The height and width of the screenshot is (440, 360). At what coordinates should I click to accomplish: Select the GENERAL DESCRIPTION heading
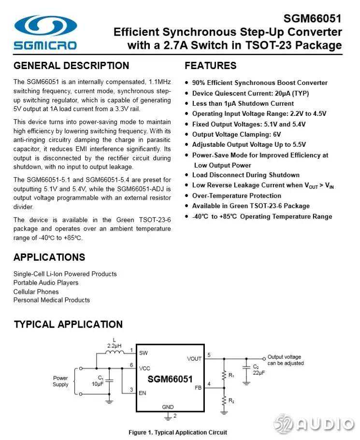click(x=72, y=66)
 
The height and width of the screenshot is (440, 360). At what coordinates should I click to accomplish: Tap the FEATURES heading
click(x=211, y=66)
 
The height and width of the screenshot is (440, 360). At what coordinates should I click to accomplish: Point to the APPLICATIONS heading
click(x=49, y=257)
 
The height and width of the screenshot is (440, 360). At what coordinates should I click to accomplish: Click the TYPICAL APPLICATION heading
click(x=68, y=324)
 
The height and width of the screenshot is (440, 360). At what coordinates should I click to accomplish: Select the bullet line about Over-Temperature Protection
click(x=236, y=196)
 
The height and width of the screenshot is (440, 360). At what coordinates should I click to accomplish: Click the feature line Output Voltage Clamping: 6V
click(x=236, y=134)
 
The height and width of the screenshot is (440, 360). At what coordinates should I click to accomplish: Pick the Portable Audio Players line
click(x=46, y=283)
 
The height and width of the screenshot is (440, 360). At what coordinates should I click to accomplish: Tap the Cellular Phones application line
click(x=36, y=291)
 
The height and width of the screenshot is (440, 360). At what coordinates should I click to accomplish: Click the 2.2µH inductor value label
click(x=114, y=345)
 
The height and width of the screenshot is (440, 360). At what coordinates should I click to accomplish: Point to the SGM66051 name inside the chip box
click(x=170, y=379)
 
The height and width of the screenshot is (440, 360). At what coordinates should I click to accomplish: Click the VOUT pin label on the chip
click(x=194, y=358)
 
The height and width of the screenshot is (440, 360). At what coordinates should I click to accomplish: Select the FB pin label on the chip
click(x=198, y=387)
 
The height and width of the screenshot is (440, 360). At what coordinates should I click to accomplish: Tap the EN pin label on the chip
click(x=142, y=393)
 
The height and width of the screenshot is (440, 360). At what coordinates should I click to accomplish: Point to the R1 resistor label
click(x=231, y=375)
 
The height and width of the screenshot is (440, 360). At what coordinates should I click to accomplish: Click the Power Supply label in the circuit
click(x=60, y=381)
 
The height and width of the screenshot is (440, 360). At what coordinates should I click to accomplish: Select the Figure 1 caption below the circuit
click(x=177, y=432)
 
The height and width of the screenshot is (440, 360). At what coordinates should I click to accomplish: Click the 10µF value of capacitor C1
click(x=97, y=384)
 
